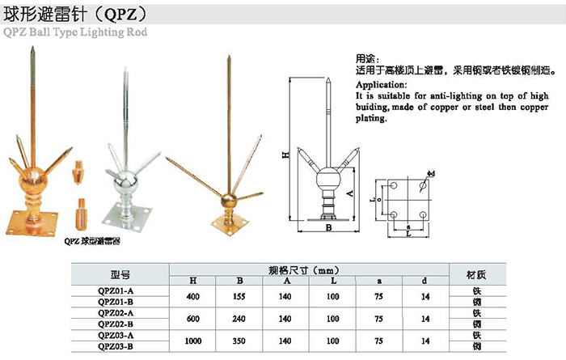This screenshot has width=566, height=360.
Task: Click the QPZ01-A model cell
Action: (x=115, y=290)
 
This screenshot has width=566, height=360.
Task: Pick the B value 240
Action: (x=239, y=319)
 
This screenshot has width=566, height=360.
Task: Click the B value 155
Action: (x=239, y=296)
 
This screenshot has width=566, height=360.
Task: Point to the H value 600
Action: (x=192, y=319)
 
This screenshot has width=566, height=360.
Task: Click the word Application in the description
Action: (x=380, y=83)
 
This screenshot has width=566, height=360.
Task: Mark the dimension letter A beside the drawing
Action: (x=349, y=195)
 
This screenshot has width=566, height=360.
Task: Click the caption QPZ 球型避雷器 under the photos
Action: (x=91, y=240)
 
